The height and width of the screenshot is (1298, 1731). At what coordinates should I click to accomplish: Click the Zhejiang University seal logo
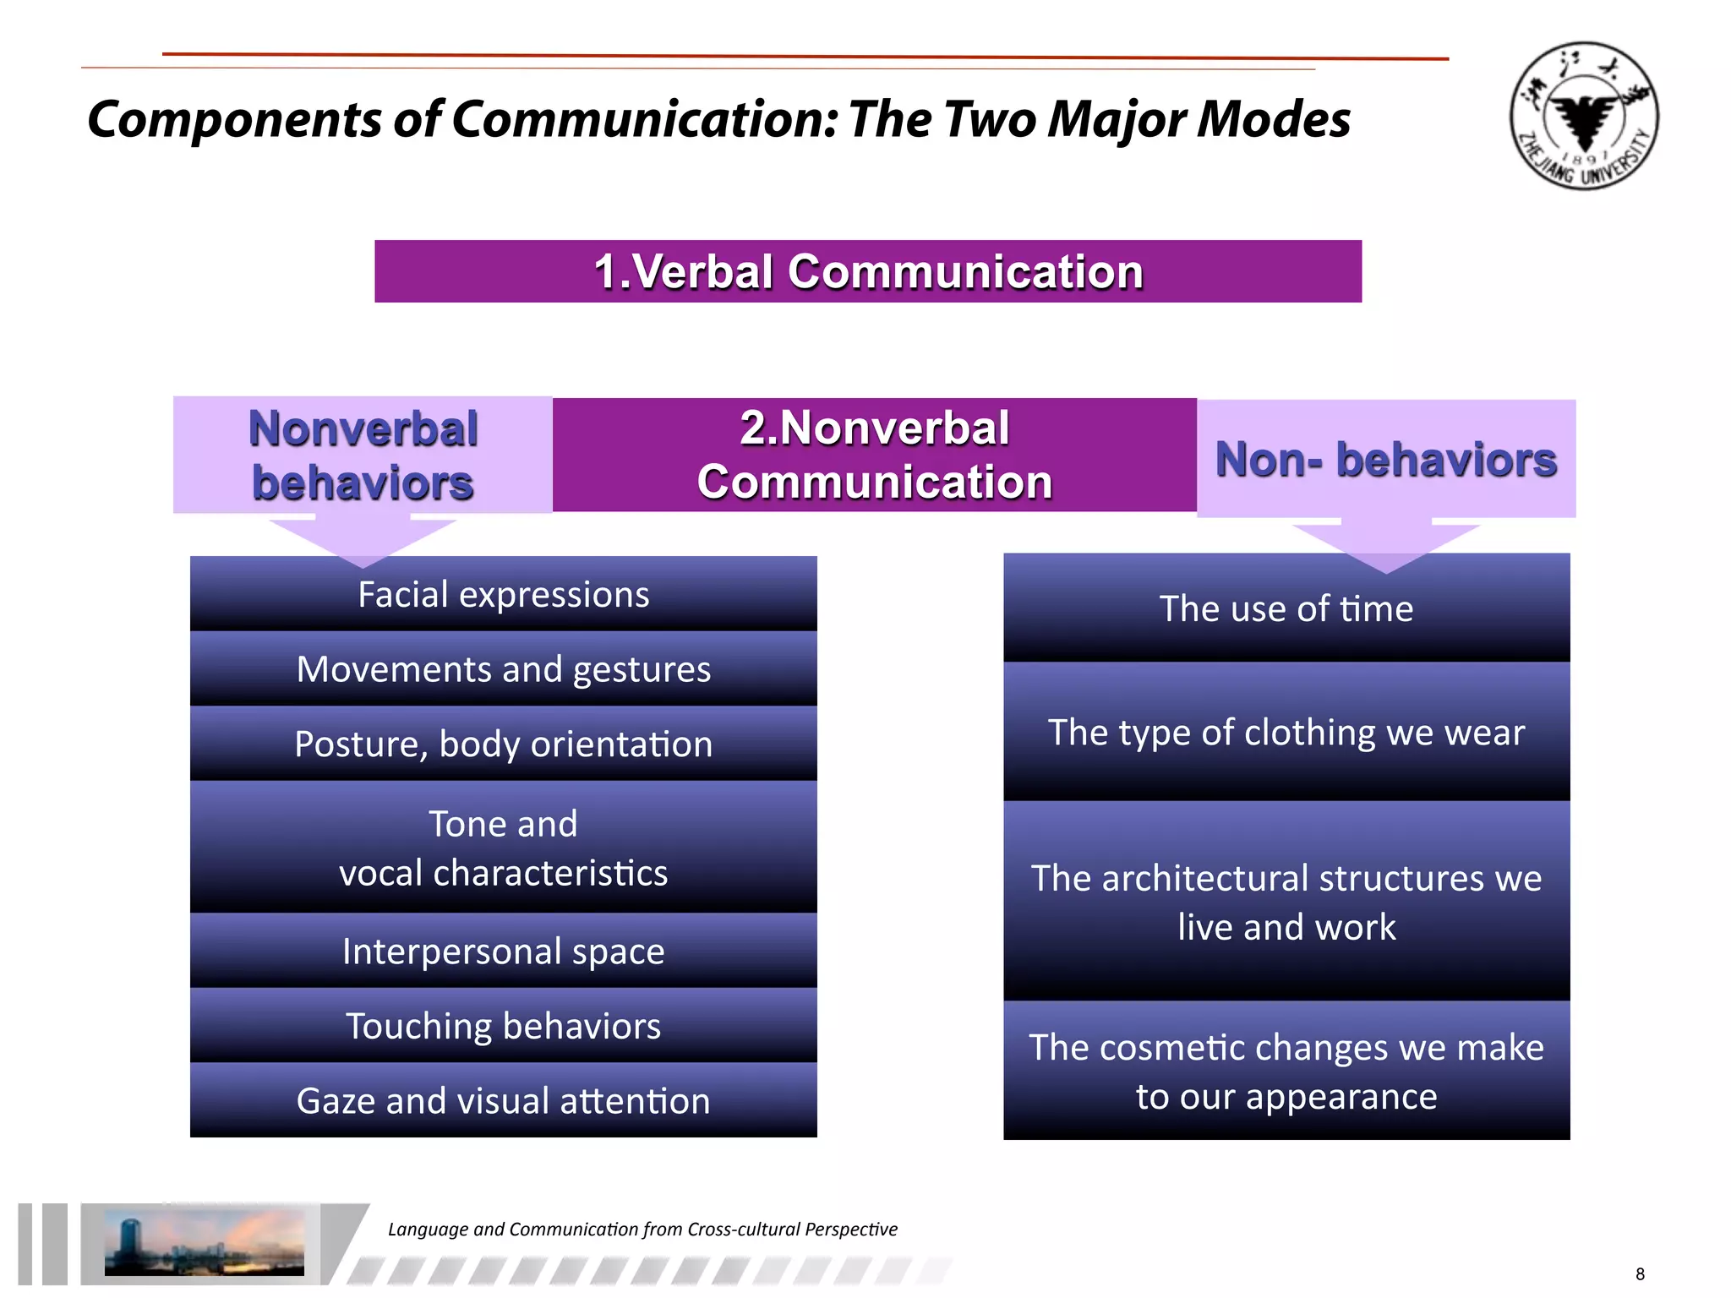click(1583, 116)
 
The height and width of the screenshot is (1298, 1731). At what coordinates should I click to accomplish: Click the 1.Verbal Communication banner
click(868, 271)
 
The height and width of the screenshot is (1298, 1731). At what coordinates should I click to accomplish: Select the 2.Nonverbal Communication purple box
click(874, 455)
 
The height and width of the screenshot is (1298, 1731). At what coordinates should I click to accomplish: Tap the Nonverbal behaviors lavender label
click(363, 455)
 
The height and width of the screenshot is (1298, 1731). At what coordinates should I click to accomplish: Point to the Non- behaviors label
click(1385, 459)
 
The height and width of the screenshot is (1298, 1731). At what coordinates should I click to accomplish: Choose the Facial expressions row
click(503, 594)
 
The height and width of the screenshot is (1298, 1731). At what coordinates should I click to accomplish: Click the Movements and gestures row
click(503, 668)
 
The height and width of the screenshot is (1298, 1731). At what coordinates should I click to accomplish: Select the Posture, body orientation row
click(503, 744)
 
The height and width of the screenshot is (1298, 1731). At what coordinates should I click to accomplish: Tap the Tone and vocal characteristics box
click(503, 848)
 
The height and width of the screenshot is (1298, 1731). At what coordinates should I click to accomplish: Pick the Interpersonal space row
click(503, 951)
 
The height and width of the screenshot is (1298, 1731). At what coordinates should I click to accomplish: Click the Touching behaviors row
click(503, 1025)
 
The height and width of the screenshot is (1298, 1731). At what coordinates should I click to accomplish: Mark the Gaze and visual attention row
click(503, 1100)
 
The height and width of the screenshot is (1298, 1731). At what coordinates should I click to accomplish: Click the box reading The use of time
click(1286, 608)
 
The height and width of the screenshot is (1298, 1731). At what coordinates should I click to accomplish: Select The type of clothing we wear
click(1286, 732)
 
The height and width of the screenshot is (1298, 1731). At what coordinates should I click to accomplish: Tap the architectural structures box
click(1286, 902)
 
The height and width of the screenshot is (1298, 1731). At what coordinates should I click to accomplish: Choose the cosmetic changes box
click(1286, 1071)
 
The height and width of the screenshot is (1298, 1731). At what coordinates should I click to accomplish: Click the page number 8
click(1640, 1273)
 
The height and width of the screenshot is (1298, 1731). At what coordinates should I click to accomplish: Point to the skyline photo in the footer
click(204, 1242)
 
